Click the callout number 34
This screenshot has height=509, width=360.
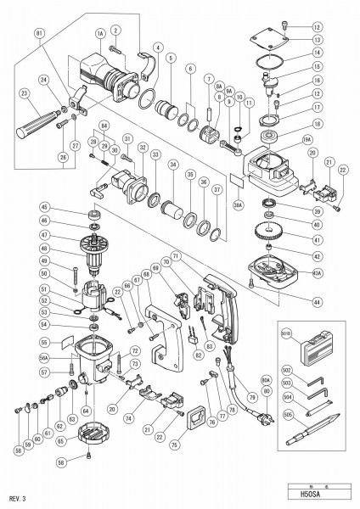click(174, 165)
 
